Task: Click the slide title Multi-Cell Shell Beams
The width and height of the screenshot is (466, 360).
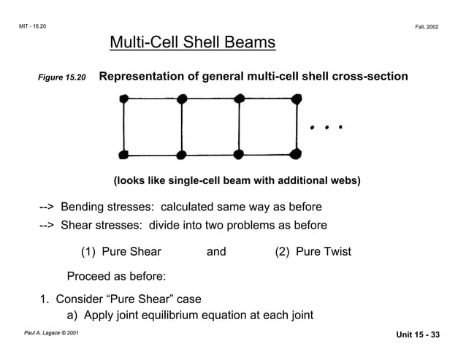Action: (x=192, y=43)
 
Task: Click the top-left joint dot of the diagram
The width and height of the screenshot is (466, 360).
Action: (x=123, y=99)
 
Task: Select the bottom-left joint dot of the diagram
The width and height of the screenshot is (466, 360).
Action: (x=123, y=154)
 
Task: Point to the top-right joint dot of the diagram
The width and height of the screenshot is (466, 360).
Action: (x=295, y=99)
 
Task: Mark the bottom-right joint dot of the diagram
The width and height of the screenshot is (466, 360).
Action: (x=295, y=154)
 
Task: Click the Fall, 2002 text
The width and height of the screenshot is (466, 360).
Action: (x=427, y=26)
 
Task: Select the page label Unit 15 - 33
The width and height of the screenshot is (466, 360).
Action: (x=419, y=335)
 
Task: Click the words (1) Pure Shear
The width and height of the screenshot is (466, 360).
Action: (x=121, y=252)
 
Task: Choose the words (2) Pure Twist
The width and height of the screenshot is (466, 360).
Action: (x=313, y=252)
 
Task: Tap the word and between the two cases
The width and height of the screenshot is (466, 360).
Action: (x=216, y=252)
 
